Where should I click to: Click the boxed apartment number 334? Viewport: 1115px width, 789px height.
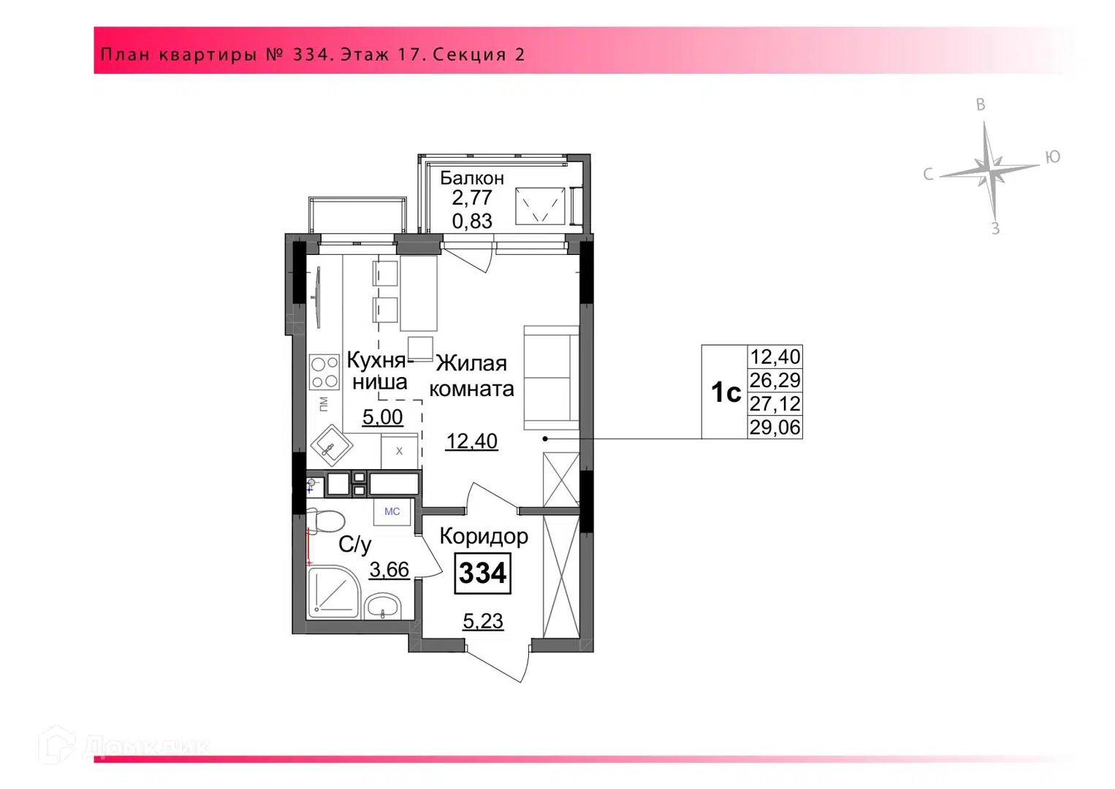[x=482, y=573]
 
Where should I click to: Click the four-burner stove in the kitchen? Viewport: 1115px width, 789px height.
[x=324, y=372]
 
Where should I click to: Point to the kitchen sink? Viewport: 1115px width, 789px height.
[x=332, y=446]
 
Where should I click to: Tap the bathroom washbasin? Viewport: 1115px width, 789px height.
[x=382, y=606]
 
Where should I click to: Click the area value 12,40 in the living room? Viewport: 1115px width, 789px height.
[x=471, y=441]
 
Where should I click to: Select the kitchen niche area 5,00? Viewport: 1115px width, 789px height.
[x=382, y=417]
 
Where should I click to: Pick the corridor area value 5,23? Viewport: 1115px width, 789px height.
[x=483, y=621]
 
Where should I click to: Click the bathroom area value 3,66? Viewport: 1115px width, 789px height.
[x=389, y=570]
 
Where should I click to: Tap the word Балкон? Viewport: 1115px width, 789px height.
[x=472, y=178]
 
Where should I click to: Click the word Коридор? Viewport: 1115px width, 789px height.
[x=484, y=537]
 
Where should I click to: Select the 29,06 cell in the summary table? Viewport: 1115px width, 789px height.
[x=775, y=427]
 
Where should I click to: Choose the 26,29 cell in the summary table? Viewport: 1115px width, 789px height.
[x=775, y=381]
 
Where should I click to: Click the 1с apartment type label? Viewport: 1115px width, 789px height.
[x=726, y=392]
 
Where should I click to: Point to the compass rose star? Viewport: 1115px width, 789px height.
[x=989, y=172]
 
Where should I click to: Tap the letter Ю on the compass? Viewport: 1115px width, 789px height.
[x=1052, y=157]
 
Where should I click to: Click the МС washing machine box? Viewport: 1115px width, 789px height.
[x=392, y=511]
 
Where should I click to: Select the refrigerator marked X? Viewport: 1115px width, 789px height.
[x=399, y=451]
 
